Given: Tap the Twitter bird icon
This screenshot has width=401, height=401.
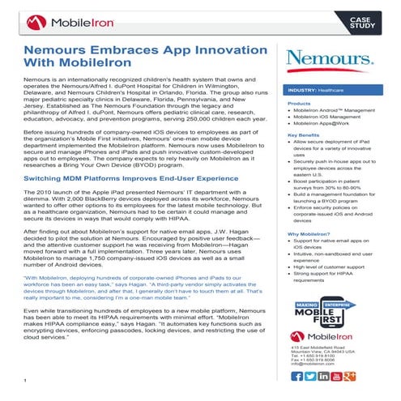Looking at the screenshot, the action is click(x=312, y=376).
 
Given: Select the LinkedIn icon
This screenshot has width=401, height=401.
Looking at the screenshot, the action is click(x=325, y=376).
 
